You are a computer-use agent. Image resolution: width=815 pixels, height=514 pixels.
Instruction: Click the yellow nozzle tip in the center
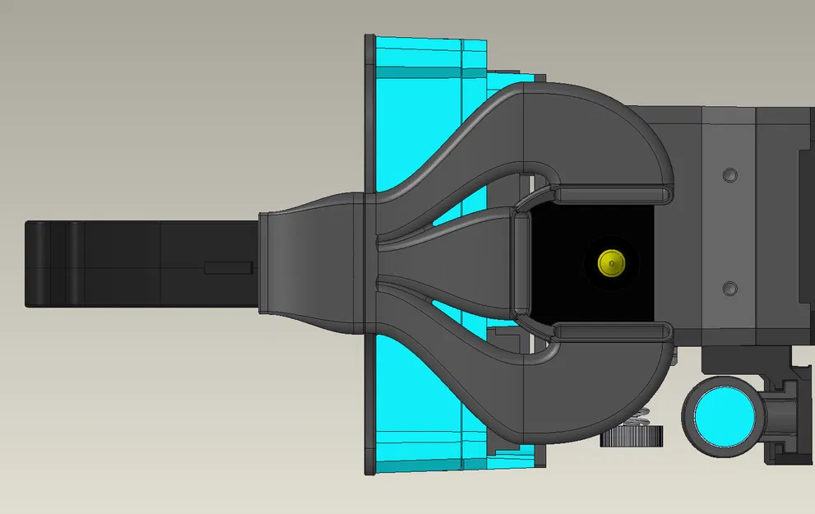610,263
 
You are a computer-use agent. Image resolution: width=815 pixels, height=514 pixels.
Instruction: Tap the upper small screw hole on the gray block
729,175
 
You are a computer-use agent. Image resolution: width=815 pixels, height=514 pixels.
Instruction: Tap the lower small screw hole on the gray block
729,289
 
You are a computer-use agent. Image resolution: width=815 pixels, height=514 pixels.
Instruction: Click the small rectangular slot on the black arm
228,268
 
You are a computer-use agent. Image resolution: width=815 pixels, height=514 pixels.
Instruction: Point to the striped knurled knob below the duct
632,435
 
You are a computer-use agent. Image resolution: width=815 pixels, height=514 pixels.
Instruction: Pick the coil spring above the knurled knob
646,415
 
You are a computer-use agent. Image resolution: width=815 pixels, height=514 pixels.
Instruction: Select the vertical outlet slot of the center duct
521,263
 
